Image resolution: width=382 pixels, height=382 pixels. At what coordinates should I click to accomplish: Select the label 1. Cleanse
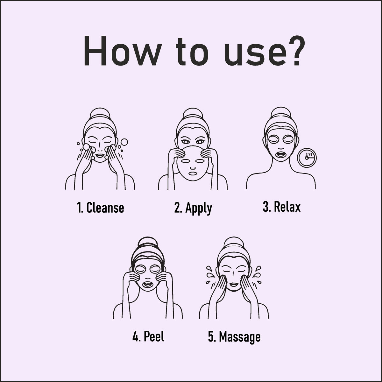click(100, 208)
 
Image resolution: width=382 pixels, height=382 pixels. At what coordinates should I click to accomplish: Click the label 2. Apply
click(193, 209)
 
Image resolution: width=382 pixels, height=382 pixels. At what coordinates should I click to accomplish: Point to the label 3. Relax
click(282, 207)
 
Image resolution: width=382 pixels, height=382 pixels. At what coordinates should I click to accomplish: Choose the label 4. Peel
click(148, 336)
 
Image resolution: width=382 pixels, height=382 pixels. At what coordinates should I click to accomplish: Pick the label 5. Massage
click(234, 337)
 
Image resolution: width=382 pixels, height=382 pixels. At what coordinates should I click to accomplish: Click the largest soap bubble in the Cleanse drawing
click(124, 142)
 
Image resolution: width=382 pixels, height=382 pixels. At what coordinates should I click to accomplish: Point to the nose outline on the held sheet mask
click(193, 168)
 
